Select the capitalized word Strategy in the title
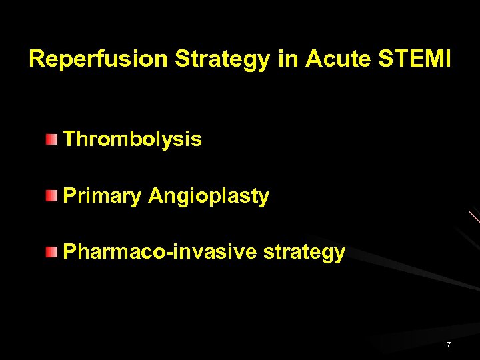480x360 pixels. tap(222, 59)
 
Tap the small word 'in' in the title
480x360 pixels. tap(287, 59)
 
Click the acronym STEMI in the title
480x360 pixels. tap(414, 59)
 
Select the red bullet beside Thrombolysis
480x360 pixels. tap(51, 139)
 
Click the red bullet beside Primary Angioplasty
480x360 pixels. tap(51, 196)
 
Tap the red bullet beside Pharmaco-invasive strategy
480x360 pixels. tap(51, 252)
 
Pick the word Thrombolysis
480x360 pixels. tap(132, 139)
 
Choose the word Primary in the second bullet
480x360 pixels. tap(102, 196)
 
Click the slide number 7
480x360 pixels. tap(449, 345)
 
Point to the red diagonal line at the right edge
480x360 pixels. tap(474, 217)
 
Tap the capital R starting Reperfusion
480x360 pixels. tap(37, 59)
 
